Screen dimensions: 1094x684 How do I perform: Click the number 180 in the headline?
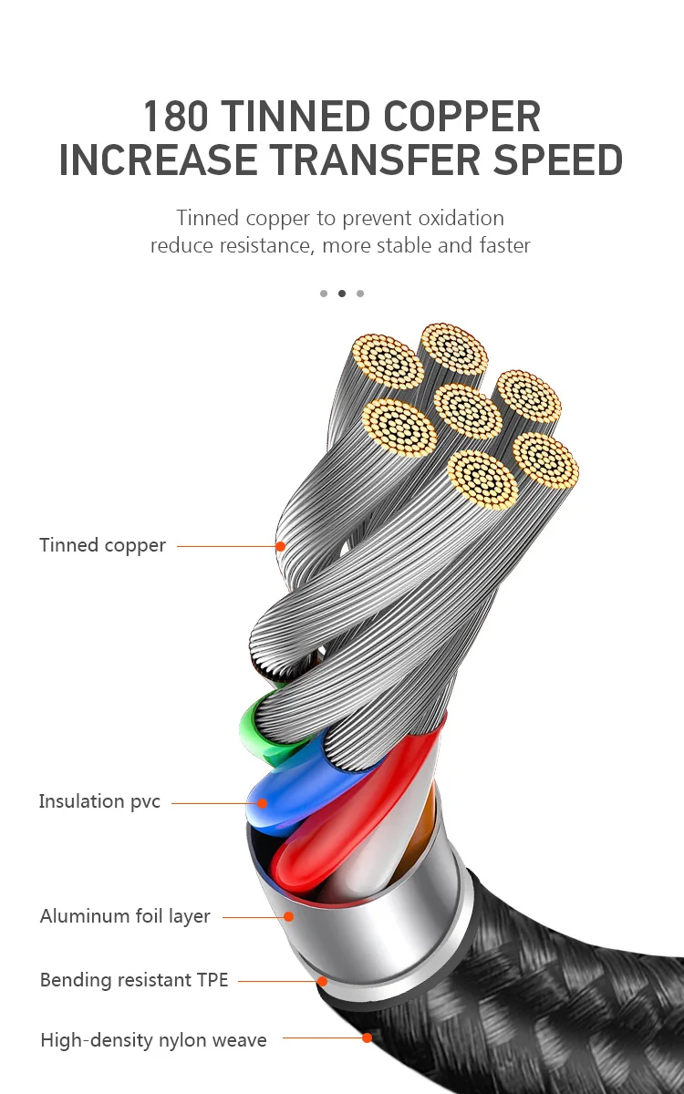tap(177, 118)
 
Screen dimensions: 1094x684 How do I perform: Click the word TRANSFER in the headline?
tap(374, 160)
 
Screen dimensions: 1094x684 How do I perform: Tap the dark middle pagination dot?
tap(342, 294)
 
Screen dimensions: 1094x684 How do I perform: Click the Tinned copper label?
tap(102, 545)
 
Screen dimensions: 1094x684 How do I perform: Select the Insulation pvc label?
tap(99, 801)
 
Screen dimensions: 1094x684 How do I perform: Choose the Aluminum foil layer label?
tap(125, 915)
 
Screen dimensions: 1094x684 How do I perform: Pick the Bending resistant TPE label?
tap(134, 980)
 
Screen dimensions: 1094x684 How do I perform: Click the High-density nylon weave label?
tap(153, 1039)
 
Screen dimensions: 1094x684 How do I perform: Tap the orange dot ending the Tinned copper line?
tap(281, 546)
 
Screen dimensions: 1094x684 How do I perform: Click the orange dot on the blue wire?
tap(262, 803)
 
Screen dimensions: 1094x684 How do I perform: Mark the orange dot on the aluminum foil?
tap(288, 916)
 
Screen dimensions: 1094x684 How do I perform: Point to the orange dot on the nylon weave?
tap(367, 1037)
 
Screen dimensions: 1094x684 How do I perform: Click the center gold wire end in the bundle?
tap(467, 410)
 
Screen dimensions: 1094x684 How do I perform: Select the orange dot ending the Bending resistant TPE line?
tap(322, 982)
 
